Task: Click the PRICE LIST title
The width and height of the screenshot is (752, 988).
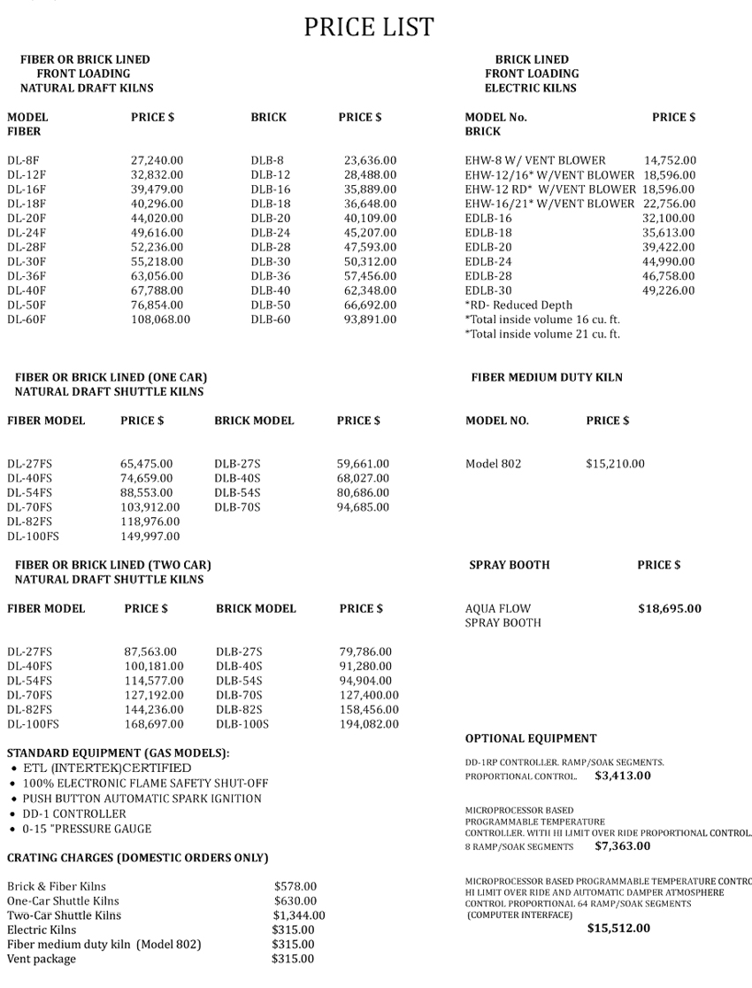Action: tap(369, 27)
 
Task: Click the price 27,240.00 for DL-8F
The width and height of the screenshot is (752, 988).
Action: tap(157, 161)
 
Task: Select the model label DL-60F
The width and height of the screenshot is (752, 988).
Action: tap(27, 320)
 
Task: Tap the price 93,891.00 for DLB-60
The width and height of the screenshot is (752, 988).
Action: tap(370, 320)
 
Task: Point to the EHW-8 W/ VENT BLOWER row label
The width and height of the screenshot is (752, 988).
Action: tap(535, 161)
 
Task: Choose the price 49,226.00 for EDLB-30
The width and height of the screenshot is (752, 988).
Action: tap(668, 290)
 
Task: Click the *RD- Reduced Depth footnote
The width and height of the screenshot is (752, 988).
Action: tap(518, 305)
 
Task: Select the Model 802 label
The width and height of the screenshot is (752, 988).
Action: tap(493, 464)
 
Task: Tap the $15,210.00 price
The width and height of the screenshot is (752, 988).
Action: tap(615, 464)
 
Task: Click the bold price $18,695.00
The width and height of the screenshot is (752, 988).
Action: tap(670, 609)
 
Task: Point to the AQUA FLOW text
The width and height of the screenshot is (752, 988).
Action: tap(498, 609)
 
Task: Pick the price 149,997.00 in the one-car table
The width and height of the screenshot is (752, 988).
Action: tap(150, 536)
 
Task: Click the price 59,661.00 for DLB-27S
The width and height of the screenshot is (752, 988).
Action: tap(363, 464)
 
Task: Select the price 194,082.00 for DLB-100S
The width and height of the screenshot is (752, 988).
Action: tap(369, 724)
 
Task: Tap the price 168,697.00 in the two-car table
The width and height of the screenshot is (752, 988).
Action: tap(154, 724)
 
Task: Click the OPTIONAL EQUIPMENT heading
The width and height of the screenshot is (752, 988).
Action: tap(531, 738)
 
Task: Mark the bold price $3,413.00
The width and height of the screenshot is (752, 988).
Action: tap(623, 776)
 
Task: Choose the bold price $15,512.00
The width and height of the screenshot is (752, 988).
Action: tap(618, 929)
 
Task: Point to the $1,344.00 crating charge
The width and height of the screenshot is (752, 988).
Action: tap(298, 915)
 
